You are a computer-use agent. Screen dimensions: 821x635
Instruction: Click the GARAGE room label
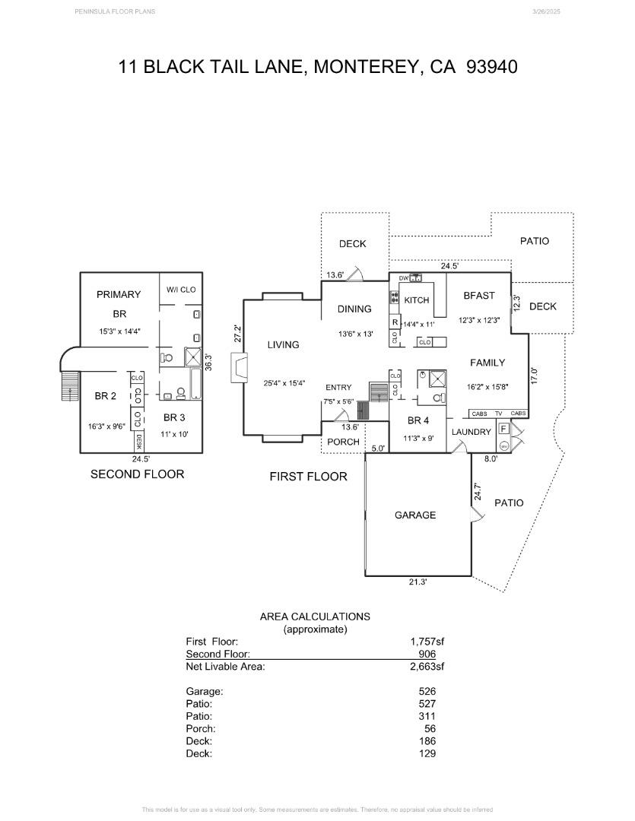pyautogui.click(x=415, y=515)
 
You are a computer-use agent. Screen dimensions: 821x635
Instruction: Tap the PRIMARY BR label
pyautogui.click(x=119, y=303)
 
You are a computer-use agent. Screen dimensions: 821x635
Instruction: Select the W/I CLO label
pyautogui.click(x=181, y=290)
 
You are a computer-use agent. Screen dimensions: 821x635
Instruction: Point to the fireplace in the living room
pyautogui.click(x=240, y=368)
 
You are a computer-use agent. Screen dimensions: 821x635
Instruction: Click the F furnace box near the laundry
pyautogui.click(x=503, y=429)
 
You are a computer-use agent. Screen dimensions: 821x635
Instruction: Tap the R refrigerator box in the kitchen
pyautogui.click(x=395, y=322)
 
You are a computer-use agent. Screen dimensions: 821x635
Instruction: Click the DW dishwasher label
pyautogui.click(x=404, y=278)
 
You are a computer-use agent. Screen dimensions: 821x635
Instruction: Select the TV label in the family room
pyautogui.click(x=498, y=414)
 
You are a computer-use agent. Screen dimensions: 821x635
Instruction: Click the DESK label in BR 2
pyautogui.click(x=139, y=441)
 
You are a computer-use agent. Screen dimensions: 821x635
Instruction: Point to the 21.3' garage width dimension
pyautogui.click(x=417, y=582)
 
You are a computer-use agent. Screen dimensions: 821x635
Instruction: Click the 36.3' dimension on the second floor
pyautogui.click(x=208, y=362)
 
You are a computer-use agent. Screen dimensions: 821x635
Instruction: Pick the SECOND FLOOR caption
pyautogui.click(x=137, y=474)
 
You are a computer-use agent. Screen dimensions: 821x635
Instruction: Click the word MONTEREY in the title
pyautogui.click(x=367, y=67)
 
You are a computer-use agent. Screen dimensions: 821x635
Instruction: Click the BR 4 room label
pyautogui.click(x=419, y=420)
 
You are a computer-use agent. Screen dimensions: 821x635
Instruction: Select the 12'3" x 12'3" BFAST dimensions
pyautogui.click(x=478, y=320)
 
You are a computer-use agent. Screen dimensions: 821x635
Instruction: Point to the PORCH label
pyautogui.click(x=343, y=442)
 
